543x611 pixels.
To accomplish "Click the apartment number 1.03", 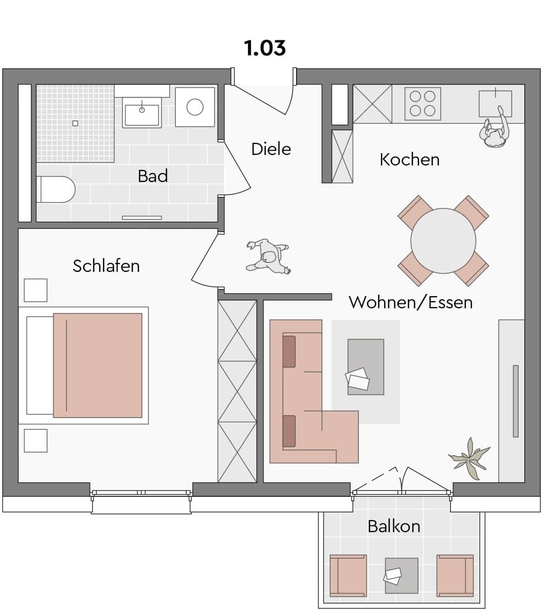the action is (x=265, y=48).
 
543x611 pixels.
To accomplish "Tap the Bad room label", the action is (x=153, y=176).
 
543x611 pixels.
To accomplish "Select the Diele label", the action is (x=271, y=149).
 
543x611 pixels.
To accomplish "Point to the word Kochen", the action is (x=410, y=160).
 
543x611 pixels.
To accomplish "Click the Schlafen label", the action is (x=106, y=266).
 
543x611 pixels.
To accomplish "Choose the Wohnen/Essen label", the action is (x=411, y=302).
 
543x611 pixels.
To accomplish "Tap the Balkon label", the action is (x=394, y=527).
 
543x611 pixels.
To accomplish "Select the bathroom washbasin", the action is (x=142, y=111).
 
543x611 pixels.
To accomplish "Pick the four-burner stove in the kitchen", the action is (x=423, y=104).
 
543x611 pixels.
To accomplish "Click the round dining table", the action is (x=443, y=241).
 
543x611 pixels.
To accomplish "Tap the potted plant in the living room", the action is (x=469, y=458).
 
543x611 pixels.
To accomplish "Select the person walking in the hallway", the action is (x=268, y=256).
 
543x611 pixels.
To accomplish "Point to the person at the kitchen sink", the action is (x=494, y=128).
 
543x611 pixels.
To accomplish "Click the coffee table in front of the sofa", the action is (x=365, y=367).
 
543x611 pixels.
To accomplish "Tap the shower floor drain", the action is (x=75, y=124).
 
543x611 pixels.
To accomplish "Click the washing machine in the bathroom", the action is (x=195, y=107).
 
